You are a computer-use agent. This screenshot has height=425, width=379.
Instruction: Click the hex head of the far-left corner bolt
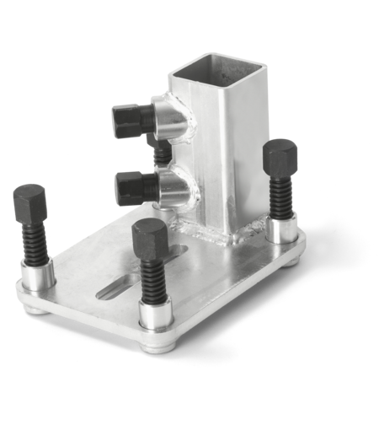(x=29, y=202)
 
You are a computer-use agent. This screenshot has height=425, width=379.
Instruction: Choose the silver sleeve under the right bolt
(x=280, y=229)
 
